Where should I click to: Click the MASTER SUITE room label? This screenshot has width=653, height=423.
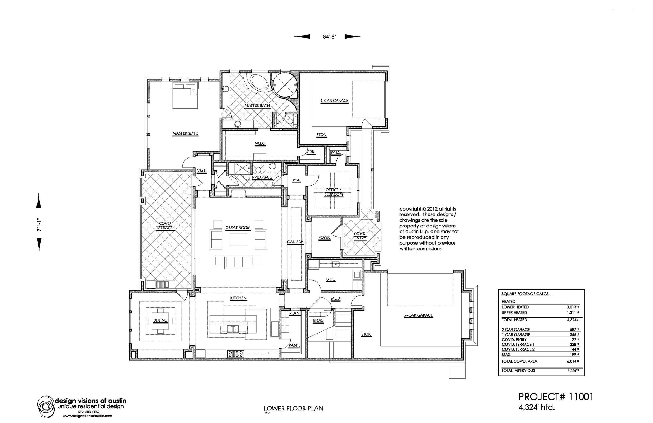[x=185, y=134]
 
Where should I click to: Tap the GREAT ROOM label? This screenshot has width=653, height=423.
[x=238, y=227]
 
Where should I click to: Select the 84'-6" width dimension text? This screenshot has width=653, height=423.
[x=329, y=37]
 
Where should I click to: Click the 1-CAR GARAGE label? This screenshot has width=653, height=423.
[x=334, y=101]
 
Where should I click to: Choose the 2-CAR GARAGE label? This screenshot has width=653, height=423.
[x=418, y=315]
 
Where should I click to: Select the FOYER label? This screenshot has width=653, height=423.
[x=324, y=238]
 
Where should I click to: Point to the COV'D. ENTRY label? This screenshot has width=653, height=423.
[x=360, y=236]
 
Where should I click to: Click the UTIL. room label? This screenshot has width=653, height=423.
[x=330, y=279]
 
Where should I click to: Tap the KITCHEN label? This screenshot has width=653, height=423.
[x=238, y=298]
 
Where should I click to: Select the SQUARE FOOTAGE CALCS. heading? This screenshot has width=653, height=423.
[x=525, y=294]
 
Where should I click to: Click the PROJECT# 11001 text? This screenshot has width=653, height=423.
[x=556, y=397]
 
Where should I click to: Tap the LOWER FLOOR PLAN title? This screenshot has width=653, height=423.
[x=294, y=409]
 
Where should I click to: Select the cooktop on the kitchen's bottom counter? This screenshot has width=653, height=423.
[x=236, y=354]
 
